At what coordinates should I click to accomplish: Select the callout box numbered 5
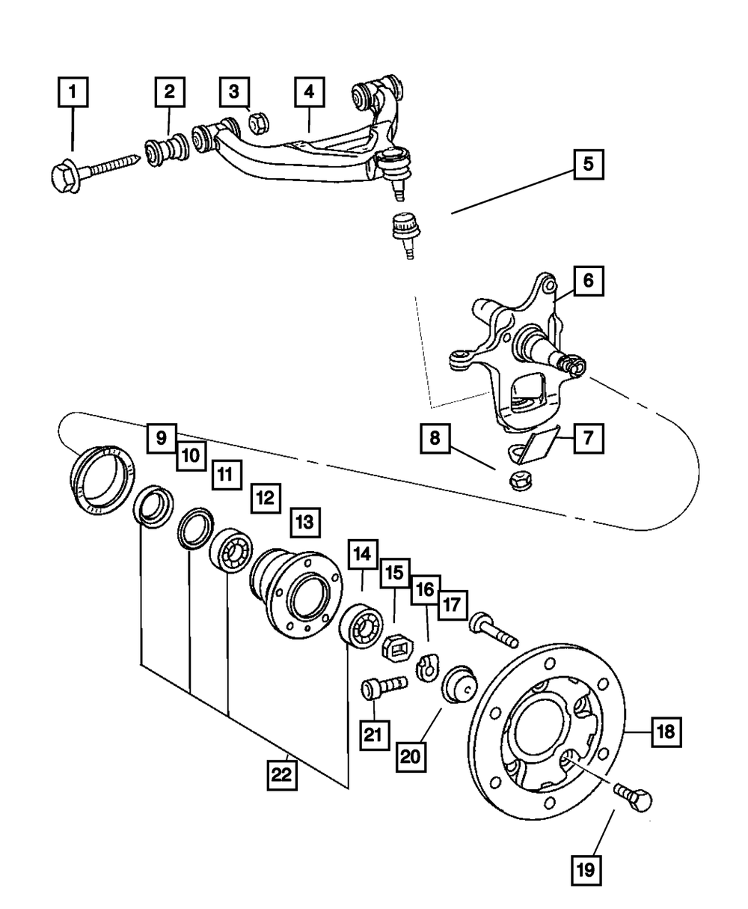(589, 162)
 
